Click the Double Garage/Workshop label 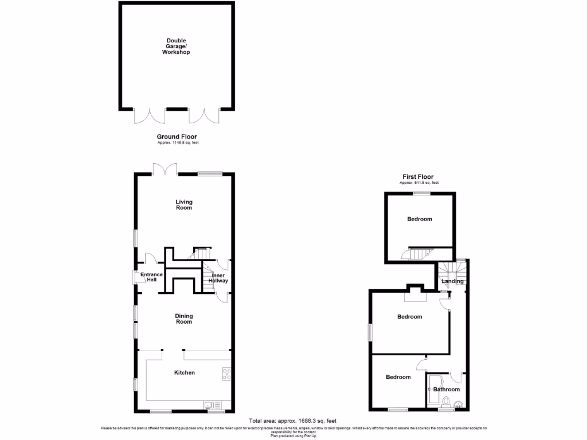click(175, 46)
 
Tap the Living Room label click(184, 205)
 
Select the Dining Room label click(184, 319)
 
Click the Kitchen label click(185, 372)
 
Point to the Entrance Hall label click(151, 278)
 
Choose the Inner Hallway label click(218, 278)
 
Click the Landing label click(453, 281)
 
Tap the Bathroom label click(447, 390)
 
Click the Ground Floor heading click(177, 136)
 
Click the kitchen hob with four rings click(226, 374)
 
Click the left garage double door click(150, 115)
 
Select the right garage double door click(204, 115)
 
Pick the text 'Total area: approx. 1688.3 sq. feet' click(293, 420)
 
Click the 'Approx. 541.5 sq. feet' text click(419, 183)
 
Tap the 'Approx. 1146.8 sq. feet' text click(177, 142)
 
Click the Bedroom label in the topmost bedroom click(420, 219)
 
